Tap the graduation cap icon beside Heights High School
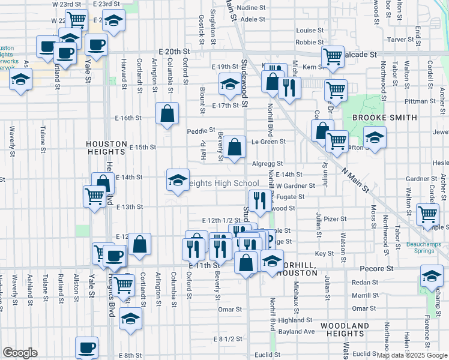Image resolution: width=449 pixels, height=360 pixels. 177,180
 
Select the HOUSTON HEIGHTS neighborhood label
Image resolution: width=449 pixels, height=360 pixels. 106,145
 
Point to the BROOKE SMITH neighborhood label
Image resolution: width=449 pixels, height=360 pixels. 384,118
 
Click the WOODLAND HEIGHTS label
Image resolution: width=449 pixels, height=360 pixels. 344,329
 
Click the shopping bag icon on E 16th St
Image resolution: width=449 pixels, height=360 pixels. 167,113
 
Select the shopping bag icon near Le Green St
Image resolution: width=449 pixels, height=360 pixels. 235,146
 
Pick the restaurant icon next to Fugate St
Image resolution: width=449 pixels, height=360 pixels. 259,200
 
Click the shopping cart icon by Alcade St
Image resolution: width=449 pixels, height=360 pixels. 333,57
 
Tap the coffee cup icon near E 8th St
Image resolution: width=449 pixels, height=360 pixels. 87,348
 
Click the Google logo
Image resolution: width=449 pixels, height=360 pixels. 20,353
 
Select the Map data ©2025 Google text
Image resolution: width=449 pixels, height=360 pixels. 412,355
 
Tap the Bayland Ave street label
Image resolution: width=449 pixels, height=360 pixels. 297,332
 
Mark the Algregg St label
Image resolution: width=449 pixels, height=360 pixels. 268,163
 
